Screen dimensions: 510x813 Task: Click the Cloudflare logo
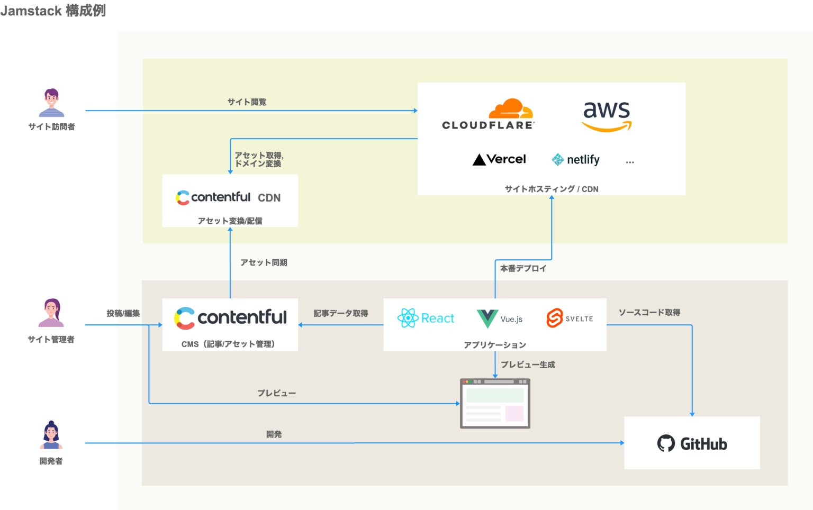pos(489,114)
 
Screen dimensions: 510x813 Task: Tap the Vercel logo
pos(499,159)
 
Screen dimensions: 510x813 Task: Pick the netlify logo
pos(575,159)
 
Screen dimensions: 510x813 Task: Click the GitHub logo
pos(692,443)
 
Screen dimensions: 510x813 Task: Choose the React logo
pos(426,318)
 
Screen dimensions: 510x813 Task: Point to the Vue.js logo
pos(499,318)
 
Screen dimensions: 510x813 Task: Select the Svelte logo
pos(570,318)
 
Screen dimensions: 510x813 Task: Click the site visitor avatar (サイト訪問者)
pos(51,103)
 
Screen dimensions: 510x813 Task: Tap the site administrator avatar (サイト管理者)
pos(51,313)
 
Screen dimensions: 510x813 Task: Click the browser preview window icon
pos(495,403)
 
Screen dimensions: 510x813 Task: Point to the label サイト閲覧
pos(247,102)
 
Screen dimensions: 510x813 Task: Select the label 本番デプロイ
pos(523,268)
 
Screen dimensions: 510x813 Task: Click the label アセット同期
pos(264,262)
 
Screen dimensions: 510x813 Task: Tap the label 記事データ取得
pos(340,313)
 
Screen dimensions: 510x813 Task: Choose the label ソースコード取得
pos(649,313)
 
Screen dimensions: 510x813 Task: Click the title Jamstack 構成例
pos(53,11)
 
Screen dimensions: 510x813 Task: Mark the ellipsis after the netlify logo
pos(629,162)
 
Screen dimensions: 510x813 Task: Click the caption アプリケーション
pos(495,345)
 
